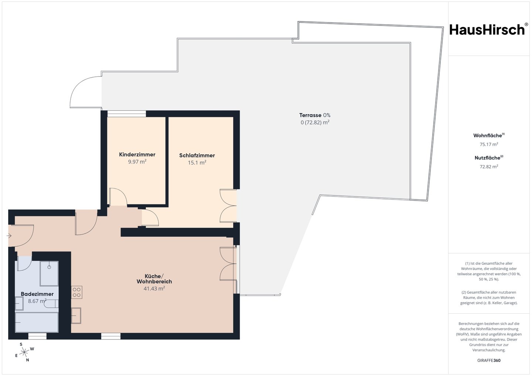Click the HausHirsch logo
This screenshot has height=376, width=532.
point(489,30)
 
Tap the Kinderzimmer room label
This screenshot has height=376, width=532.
point(137,154)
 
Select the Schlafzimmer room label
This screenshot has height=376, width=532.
point(197,155)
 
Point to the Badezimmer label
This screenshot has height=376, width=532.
point(37,294)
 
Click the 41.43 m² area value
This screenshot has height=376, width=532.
point(154,288)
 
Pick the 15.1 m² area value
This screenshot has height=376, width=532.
point(197,163)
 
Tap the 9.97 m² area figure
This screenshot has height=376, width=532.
point(137,162)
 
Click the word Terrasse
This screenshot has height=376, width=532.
point(310,115)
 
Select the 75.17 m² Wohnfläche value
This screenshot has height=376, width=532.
point(489,144)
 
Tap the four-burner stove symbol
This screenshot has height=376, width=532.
point(77,292)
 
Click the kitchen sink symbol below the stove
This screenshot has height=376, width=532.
point(76,315)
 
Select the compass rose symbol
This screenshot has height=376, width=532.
point(24,352)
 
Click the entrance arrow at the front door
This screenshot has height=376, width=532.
point(9,236)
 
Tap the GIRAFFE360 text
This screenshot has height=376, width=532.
point(489,360)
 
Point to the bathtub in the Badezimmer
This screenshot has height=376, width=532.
point(37,322)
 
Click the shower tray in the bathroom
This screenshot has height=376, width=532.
point(49,274)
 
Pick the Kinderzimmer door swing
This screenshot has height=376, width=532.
point(118,197)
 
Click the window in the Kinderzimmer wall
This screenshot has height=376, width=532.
point(127,114)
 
